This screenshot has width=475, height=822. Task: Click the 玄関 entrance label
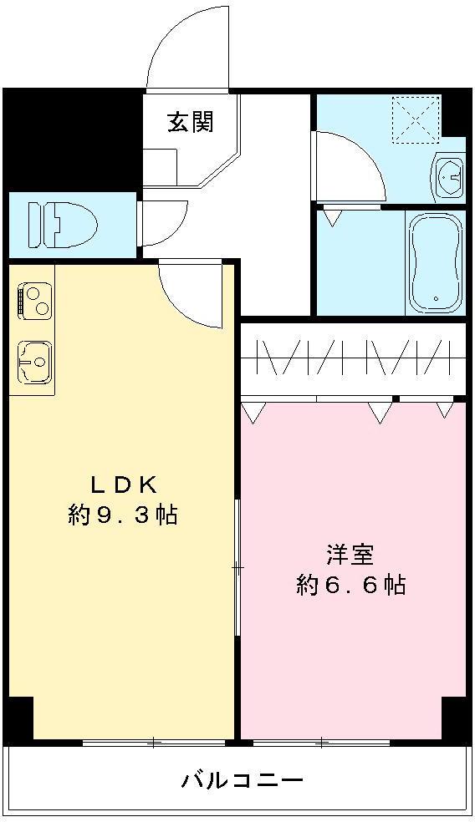(x=191, y=123)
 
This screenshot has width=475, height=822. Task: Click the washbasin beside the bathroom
(x=449, y=175)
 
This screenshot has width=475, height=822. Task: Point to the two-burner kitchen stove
(x=33, y=302)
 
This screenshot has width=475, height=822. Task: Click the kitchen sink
(x=33, y=360)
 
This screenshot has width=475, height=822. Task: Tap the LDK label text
(x=124, y=484)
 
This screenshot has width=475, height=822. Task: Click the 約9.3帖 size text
(x=123, y=515)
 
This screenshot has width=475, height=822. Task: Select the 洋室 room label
(x=350, y=554)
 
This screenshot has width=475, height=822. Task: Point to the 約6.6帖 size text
(x=350, y=585)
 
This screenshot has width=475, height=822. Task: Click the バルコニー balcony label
(x=243, y=781)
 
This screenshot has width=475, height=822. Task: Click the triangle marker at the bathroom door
(x=332, y=218)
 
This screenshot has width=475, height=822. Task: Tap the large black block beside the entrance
(x=71, y=139)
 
